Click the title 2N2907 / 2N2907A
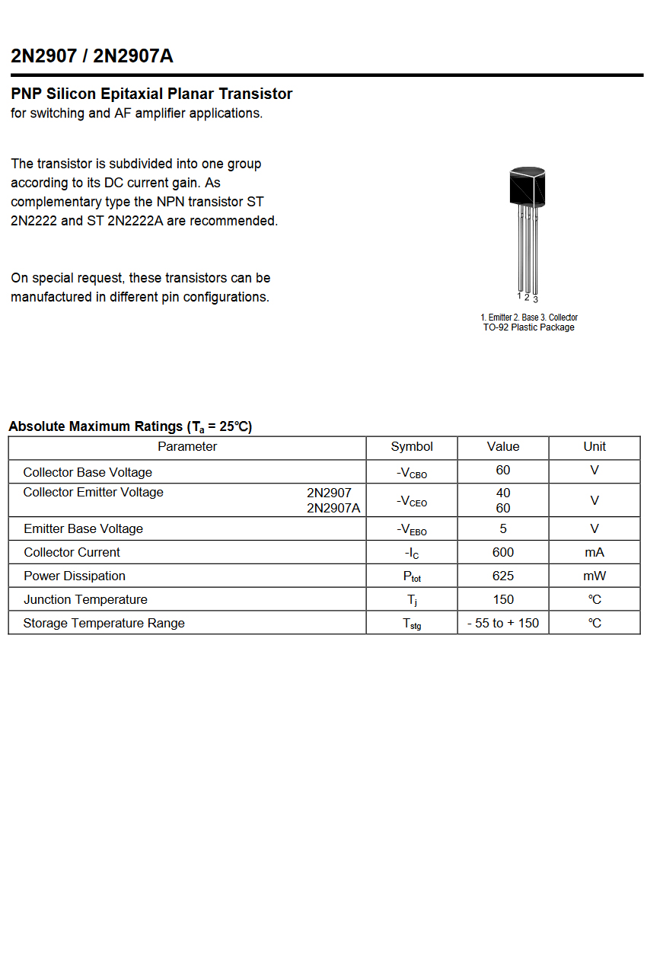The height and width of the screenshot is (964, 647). [x=92, y=56]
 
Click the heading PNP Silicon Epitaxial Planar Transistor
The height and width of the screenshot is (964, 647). [x=151, y=94]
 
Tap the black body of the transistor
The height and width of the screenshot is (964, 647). [x=527, y=186]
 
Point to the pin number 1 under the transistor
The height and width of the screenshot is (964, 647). [x=519, y=295]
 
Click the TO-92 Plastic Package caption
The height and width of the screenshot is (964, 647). [x=529, y=327]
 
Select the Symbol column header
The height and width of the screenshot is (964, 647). [x=412, y=447]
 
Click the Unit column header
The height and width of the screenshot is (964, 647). [x=594, y=447]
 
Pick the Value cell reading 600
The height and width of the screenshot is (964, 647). [x=503, y=552]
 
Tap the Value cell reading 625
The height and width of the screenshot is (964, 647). [x=503, y=576]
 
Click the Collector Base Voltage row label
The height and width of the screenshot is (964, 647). [x=88, y=472]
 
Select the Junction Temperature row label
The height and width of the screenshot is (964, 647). [x=85, y=599]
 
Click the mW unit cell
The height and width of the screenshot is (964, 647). [x=594, y=576]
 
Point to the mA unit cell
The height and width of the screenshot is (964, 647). [x=594, y=552]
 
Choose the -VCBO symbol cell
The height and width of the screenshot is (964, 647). [x=412, y=473]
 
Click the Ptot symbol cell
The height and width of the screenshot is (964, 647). [x=412, y=577]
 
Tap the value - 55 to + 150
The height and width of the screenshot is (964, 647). [x=503, y=623]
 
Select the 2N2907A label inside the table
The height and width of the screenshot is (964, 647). [x=333, y=508]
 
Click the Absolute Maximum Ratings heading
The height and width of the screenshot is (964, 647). [x=130, y=426]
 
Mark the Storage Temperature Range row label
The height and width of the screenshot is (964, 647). [x=104, y=623]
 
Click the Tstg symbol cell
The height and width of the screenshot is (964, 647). [x=412, y=624]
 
